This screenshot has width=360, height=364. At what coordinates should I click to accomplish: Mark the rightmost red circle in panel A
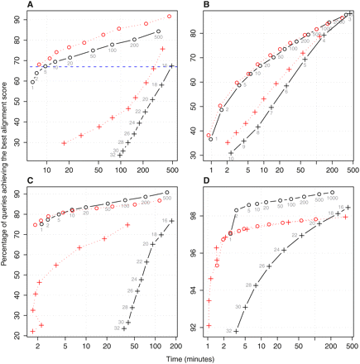[x=170, y=16]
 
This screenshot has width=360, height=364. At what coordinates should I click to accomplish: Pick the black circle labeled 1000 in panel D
[x=331, y=193]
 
